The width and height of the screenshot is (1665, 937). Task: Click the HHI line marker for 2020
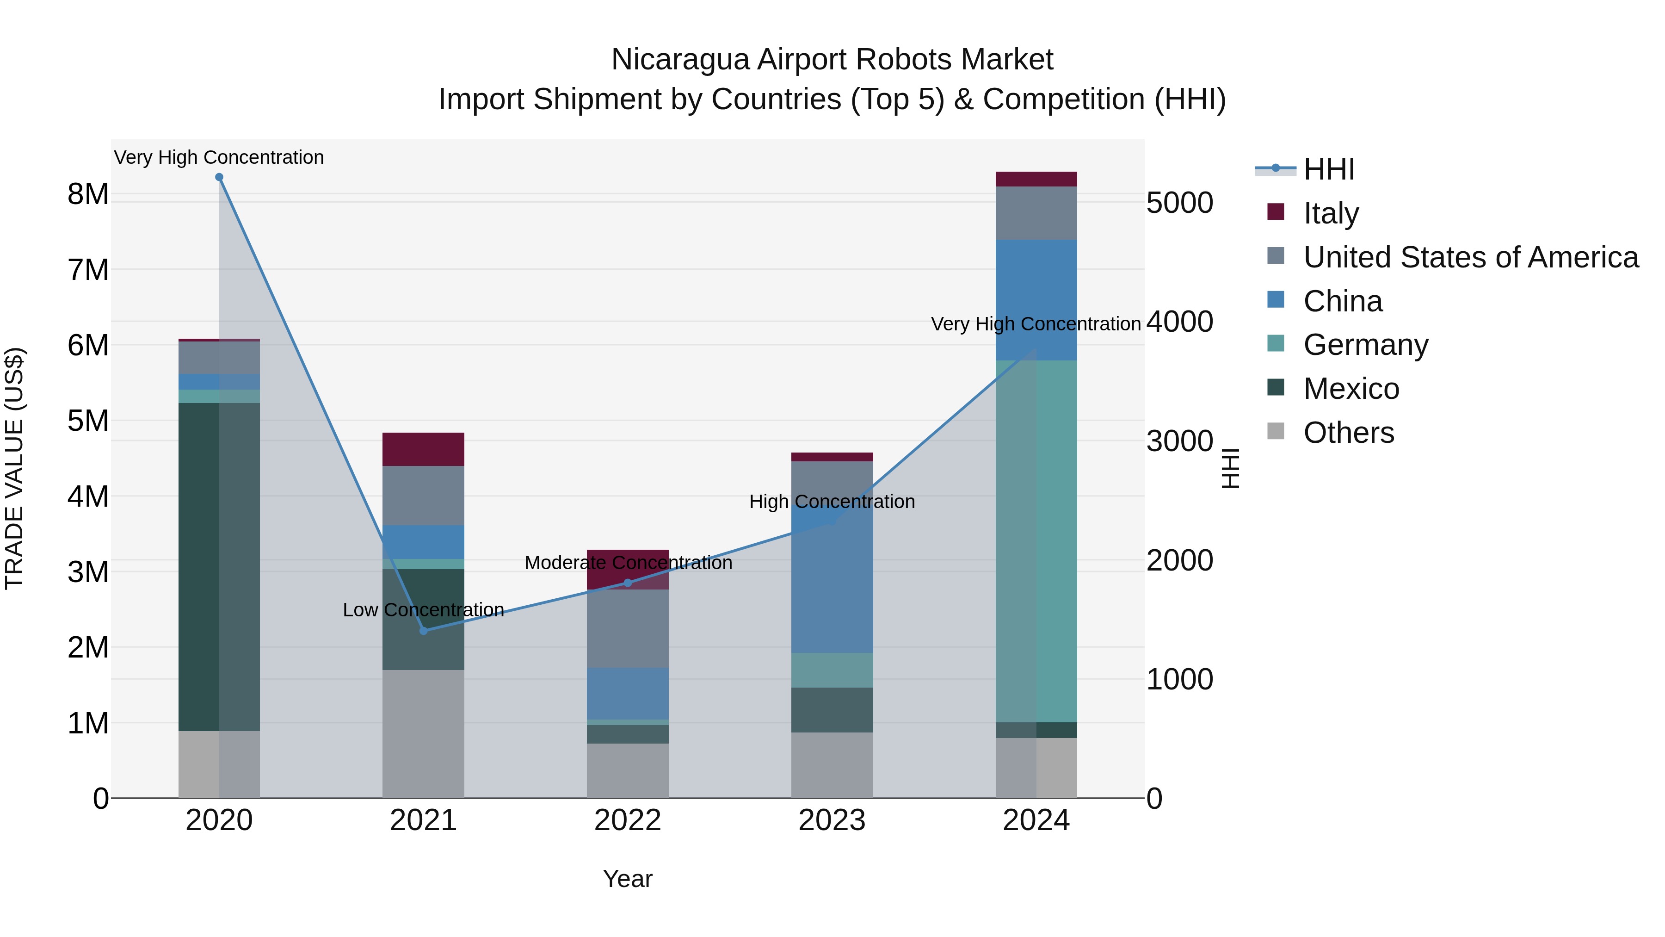(x=219, y=177)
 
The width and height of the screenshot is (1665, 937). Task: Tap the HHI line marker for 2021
(x=423, y=631)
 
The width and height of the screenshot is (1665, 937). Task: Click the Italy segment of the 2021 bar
(x=423, y=449)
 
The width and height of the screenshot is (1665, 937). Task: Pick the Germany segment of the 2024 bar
(x=1036, y=540)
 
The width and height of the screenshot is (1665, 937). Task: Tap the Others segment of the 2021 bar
(x=423, y=734)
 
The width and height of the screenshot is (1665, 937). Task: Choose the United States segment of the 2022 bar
(x=628, y=628)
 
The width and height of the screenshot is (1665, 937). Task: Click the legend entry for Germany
(x=1365, y=345)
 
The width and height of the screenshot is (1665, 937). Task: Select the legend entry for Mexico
(x=1351, y=389)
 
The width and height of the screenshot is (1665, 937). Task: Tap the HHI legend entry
(x=1328, y=169)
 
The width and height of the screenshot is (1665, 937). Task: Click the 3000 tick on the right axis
(x=1179, y=441)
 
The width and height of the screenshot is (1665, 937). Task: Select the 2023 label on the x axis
(x=832, y=820)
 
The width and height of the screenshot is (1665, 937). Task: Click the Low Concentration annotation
(x=423, y=610)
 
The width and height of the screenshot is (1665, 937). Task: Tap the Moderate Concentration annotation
(x=628, y=563)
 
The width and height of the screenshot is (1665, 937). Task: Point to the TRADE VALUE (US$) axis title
(x=14, y=468)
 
